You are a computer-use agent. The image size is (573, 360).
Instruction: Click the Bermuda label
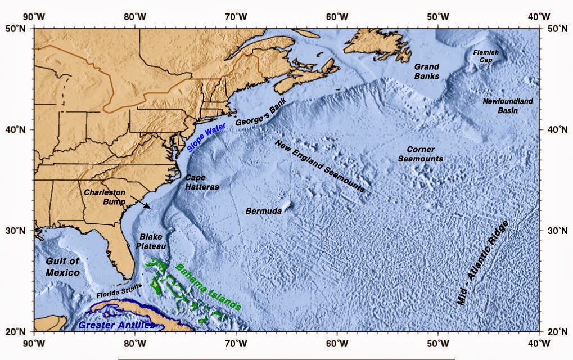[264, 211]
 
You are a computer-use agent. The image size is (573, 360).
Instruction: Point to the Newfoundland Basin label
[508, 105]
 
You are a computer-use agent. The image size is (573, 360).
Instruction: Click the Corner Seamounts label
[421, 154]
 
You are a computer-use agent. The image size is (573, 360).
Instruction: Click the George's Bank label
[261, 113]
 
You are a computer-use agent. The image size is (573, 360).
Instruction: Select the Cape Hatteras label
[202, 181]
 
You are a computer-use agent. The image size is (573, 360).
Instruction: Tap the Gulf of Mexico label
[62, 267]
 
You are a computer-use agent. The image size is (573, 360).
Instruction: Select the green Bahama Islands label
[208, 287]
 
